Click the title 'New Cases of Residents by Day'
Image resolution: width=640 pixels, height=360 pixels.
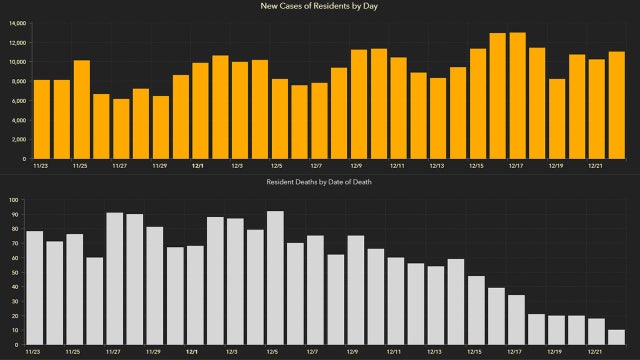[320, 7]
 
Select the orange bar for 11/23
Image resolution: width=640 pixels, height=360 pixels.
[41, 119]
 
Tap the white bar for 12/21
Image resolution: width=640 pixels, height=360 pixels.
[595, 331]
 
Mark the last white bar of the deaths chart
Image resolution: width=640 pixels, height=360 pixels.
[615, 337]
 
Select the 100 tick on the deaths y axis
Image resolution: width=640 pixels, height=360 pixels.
[14, 201]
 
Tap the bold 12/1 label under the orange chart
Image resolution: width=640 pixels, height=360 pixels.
[198, 166]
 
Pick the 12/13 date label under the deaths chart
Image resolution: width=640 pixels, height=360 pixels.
[434, 352]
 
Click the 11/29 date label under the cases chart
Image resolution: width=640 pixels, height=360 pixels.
[159, 166]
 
